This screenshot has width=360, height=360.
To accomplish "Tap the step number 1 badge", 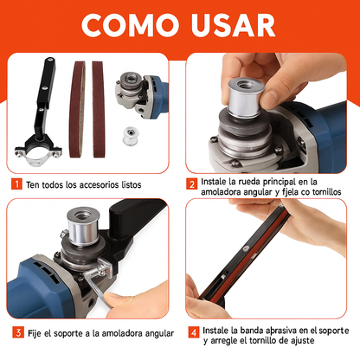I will pyautogui.click(x=16, y=184).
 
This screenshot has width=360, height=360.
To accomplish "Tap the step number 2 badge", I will pyautogui.click(x=191, y=184).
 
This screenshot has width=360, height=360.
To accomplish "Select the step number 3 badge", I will pyautogui.click(x=16, y=332).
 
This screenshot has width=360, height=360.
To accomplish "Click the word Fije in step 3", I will pyautogui.click(x=35, y=333).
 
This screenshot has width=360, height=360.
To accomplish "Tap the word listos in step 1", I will pyautogui.click(x=141, y=185).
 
